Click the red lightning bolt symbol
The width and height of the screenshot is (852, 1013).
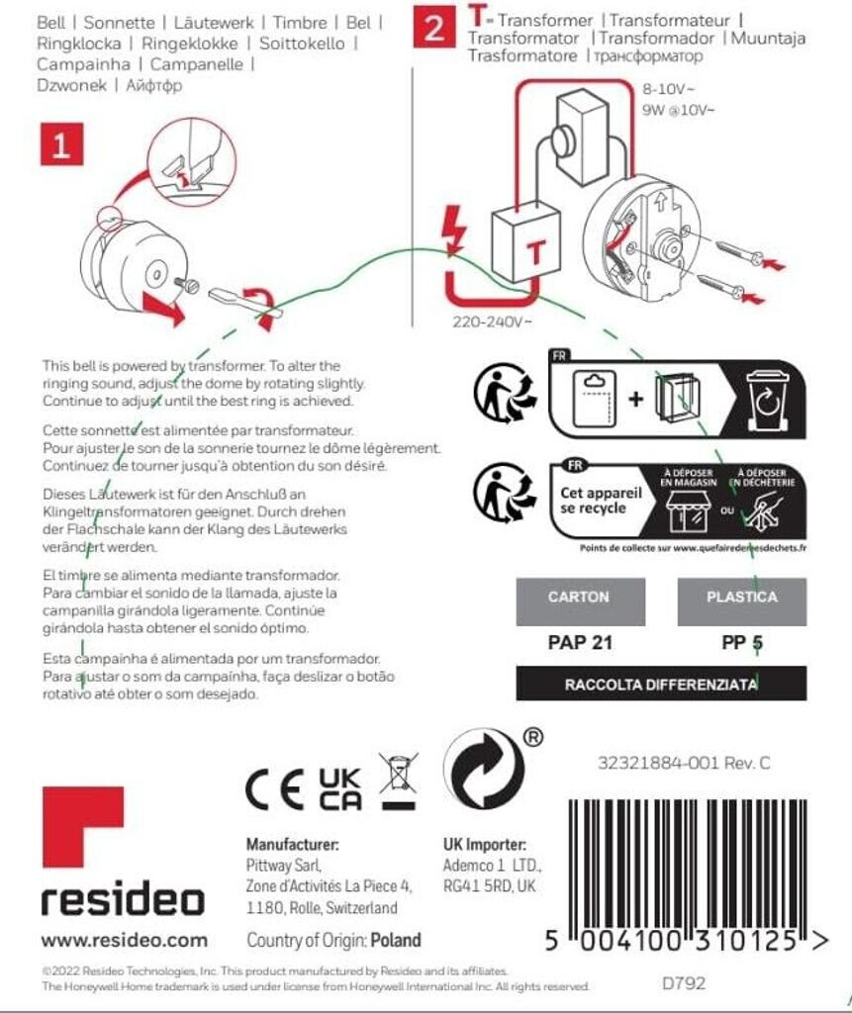456,230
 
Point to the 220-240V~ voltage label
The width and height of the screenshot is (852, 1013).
493,322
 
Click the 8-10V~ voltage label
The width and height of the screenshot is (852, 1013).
670,87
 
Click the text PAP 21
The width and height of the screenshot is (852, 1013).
580,643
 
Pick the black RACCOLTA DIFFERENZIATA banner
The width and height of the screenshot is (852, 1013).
661,684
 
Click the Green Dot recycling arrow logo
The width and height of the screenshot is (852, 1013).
483,770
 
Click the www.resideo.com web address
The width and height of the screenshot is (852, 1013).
125,940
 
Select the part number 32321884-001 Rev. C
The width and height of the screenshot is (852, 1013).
683,764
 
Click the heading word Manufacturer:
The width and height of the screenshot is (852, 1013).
293,845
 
